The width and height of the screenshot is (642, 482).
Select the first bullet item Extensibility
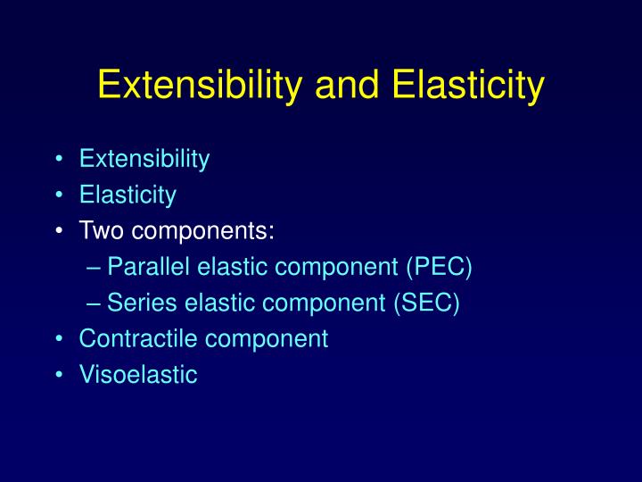click(x=144, y=160)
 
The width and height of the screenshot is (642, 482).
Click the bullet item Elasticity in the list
click(x=128, y=195)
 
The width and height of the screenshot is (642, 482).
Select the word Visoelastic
click(x=137, y=375)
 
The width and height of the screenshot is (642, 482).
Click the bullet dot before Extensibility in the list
click(x=58, y=161)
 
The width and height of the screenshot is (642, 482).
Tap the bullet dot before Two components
click(x=58, y=232)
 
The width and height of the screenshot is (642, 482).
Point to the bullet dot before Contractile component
click(x=58, y=339)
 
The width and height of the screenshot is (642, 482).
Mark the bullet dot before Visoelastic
click(x=58, y=375)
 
